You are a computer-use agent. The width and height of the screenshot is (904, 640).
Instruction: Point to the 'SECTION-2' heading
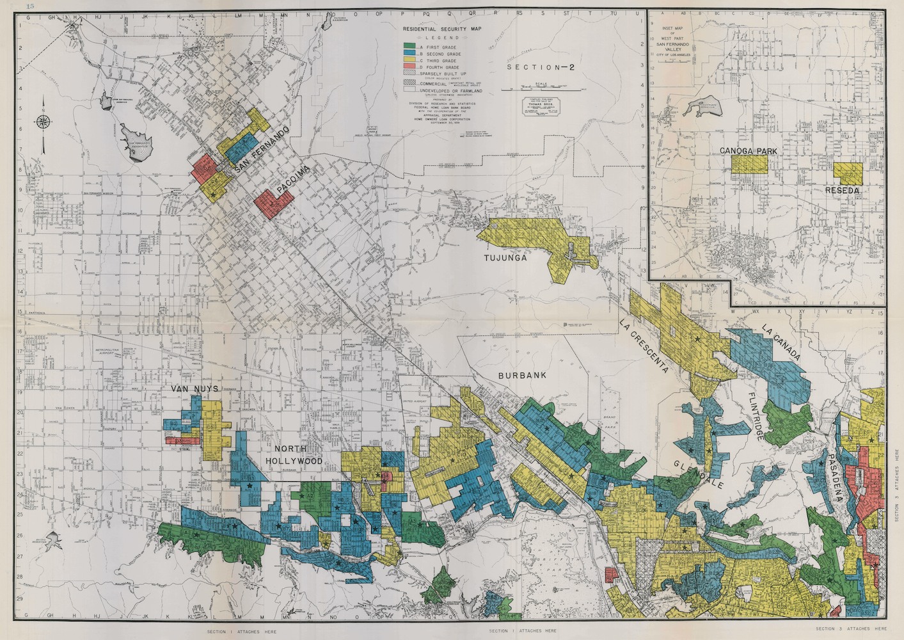click(534, 67)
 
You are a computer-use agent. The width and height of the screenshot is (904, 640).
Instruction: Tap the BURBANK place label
click(523, 376)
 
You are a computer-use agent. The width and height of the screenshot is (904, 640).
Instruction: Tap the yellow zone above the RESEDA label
click(848, 172)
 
